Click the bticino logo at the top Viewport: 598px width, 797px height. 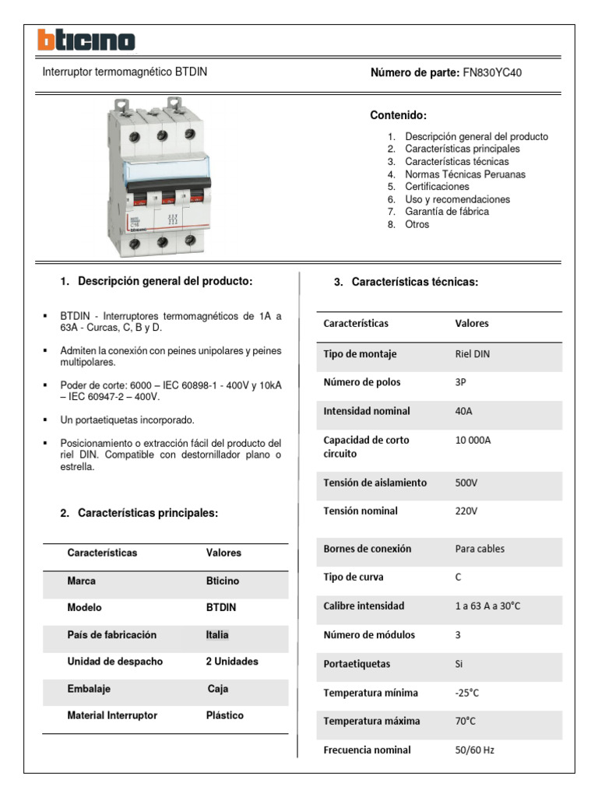click(86, 40)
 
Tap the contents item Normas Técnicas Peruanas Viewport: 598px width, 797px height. click(465, 174)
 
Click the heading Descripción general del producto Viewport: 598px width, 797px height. click(165, 281)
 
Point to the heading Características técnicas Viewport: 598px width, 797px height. click(414, 282)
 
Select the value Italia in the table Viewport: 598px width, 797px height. click(217, 635)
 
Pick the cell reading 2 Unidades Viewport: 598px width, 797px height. click(232, 662)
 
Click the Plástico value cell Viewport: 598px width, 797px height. click(225, 715)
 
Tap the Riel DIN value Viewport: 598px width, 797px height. click(473, 354)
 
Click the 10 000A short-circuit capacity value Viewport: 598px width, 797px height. click(473, 441)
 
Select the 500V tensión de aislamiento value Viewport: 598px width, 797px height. click(466, 483)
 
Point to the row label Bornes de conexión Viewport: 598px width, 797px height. click(368, 549)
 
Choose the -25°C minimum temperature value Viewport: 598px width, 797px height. click(468, 693)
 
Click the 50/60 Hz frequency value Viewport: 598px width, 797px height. click(474, 750)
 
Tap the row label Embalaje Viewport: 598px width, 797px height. click(89, 689)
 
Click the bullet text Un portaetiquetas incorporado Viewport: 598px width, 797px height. click(128, 420)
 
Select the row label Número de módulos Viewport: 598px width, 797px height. click(369, 635)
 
